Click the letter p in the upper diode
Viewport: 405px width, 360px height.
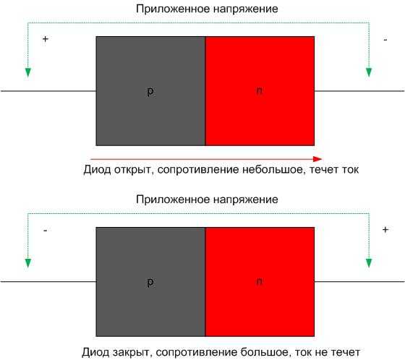pos(150,92)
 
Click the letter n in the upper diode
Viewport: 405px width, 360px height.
pos(259,90)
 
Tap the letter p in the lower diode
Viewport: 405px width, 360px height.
pos(150,282)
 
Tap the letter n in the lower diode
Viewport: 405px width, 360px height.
pos(259,281)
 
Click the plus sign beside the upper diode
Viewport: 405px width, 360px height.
pos(46,39)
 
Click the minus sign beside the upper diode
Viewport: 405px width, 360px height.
pos(385,40)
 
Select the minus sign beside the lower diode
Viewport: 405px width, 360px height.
pos(46,230)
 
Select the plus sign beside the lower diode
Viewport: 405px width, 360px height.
pos(385,229)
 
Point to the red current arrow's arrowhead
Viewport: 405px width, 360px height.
pos(317,159)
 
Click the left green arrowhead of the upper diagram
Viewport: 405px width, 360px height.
pos(28,72)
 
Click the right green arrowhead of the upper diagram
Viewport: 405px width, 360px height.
pos(369,72)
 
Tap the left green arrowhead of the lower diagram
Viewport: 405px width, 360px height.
pos(28,263)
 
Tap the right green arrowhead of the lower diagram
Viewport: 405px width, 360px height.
pos(369,263)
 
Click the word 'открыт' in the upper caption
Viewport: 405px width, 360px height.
pos(134,170)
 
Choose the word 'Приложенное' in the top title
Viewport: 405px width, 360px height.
pos(173,9)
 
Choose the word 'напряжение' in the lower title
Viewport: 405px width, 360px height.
pos(246,200)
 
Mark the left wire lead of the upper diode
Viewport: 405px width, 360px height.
pos(48,91)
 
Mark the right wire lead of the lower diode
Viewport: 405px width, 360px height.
pos(359,281)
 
